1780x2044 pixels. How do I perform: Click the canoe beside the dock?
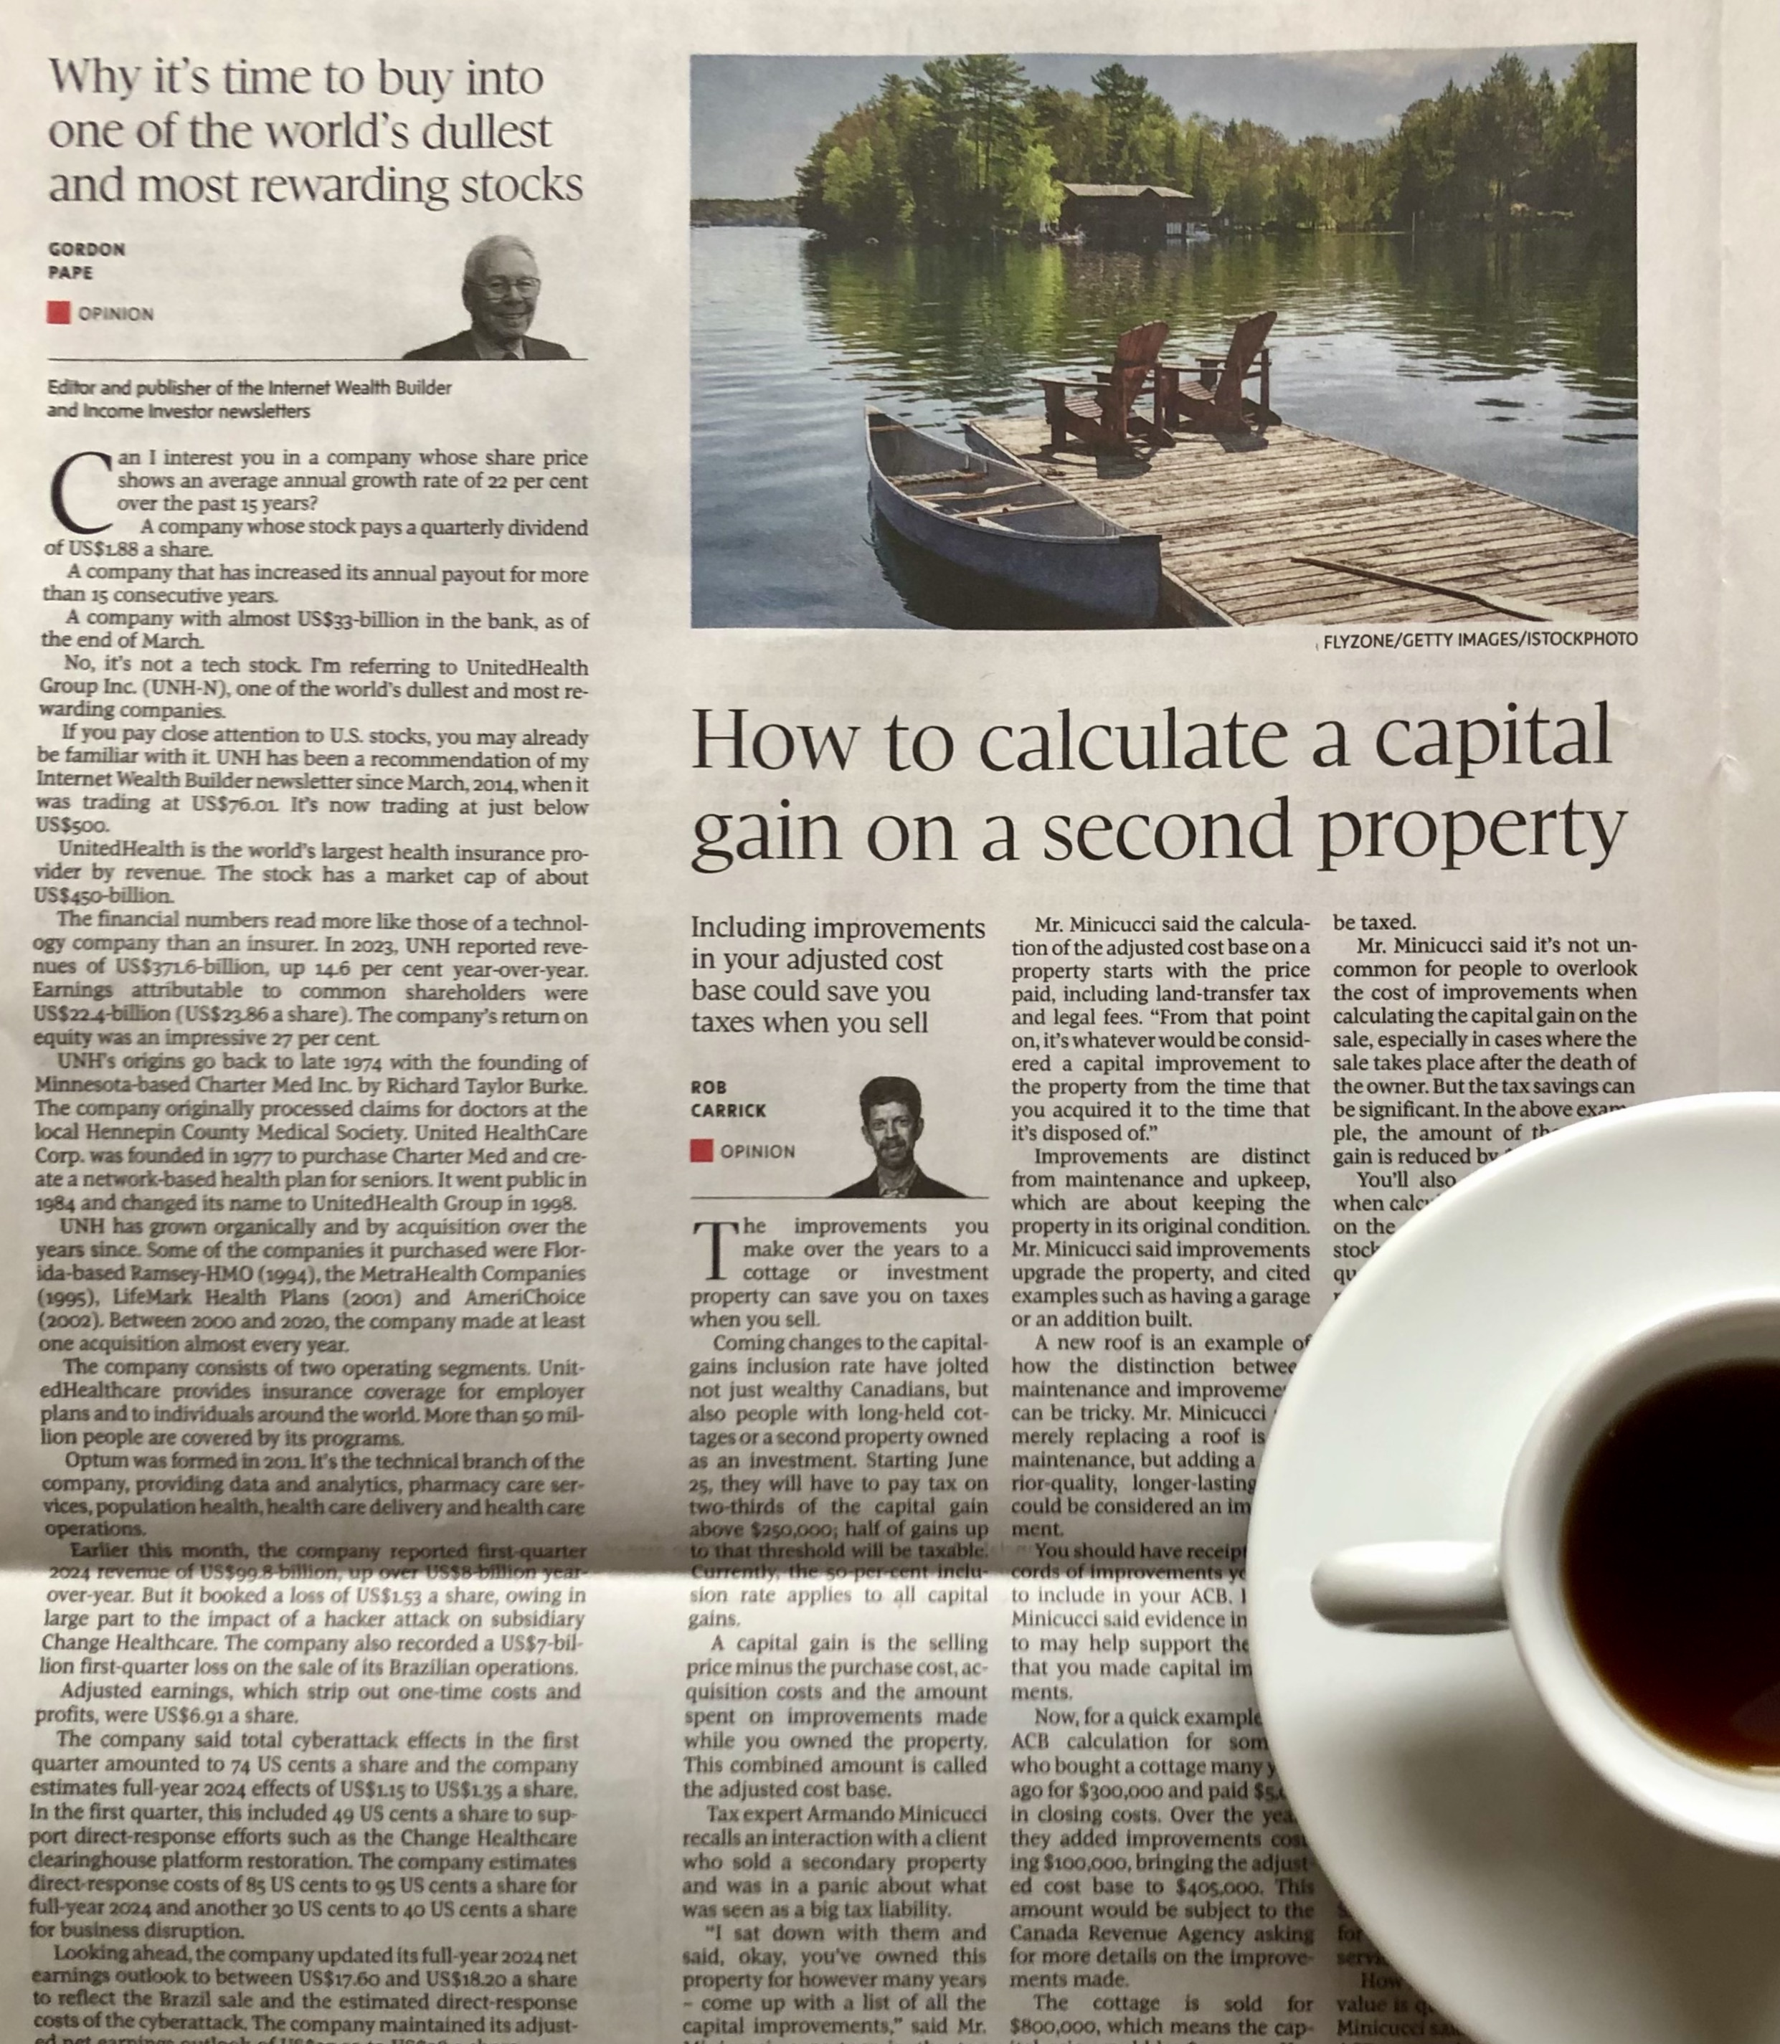click(1003, 516)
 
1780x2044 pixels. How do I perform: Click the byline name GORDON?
click(86, 249)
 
